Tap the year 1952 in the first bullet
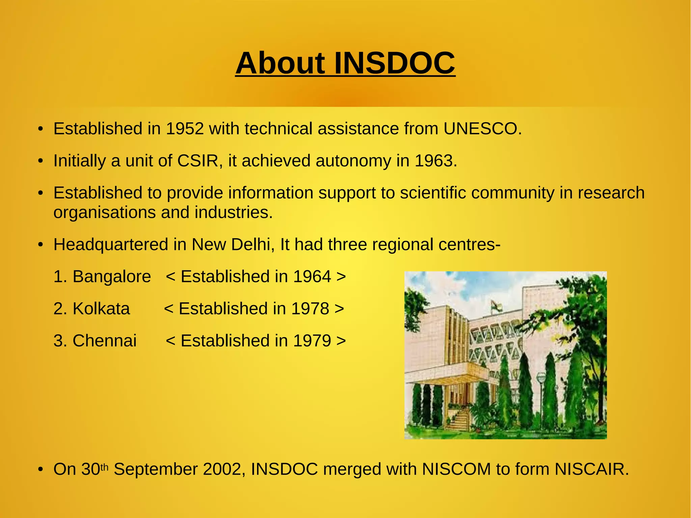(x=185, y=129)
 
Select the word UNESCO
(x=480, y=129)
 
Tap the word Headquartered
(x=111, y=244)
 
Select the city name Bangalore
(x=112, y=276)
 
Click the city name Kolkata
(x=101, y=308)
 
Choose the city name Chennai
(x=105, y=340)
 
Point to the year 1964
(x=312, y=276)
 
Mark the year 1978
(x=310, y=308)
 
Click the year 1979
(x=312, y=340)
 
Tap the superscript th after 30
(x=105, y=467)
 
